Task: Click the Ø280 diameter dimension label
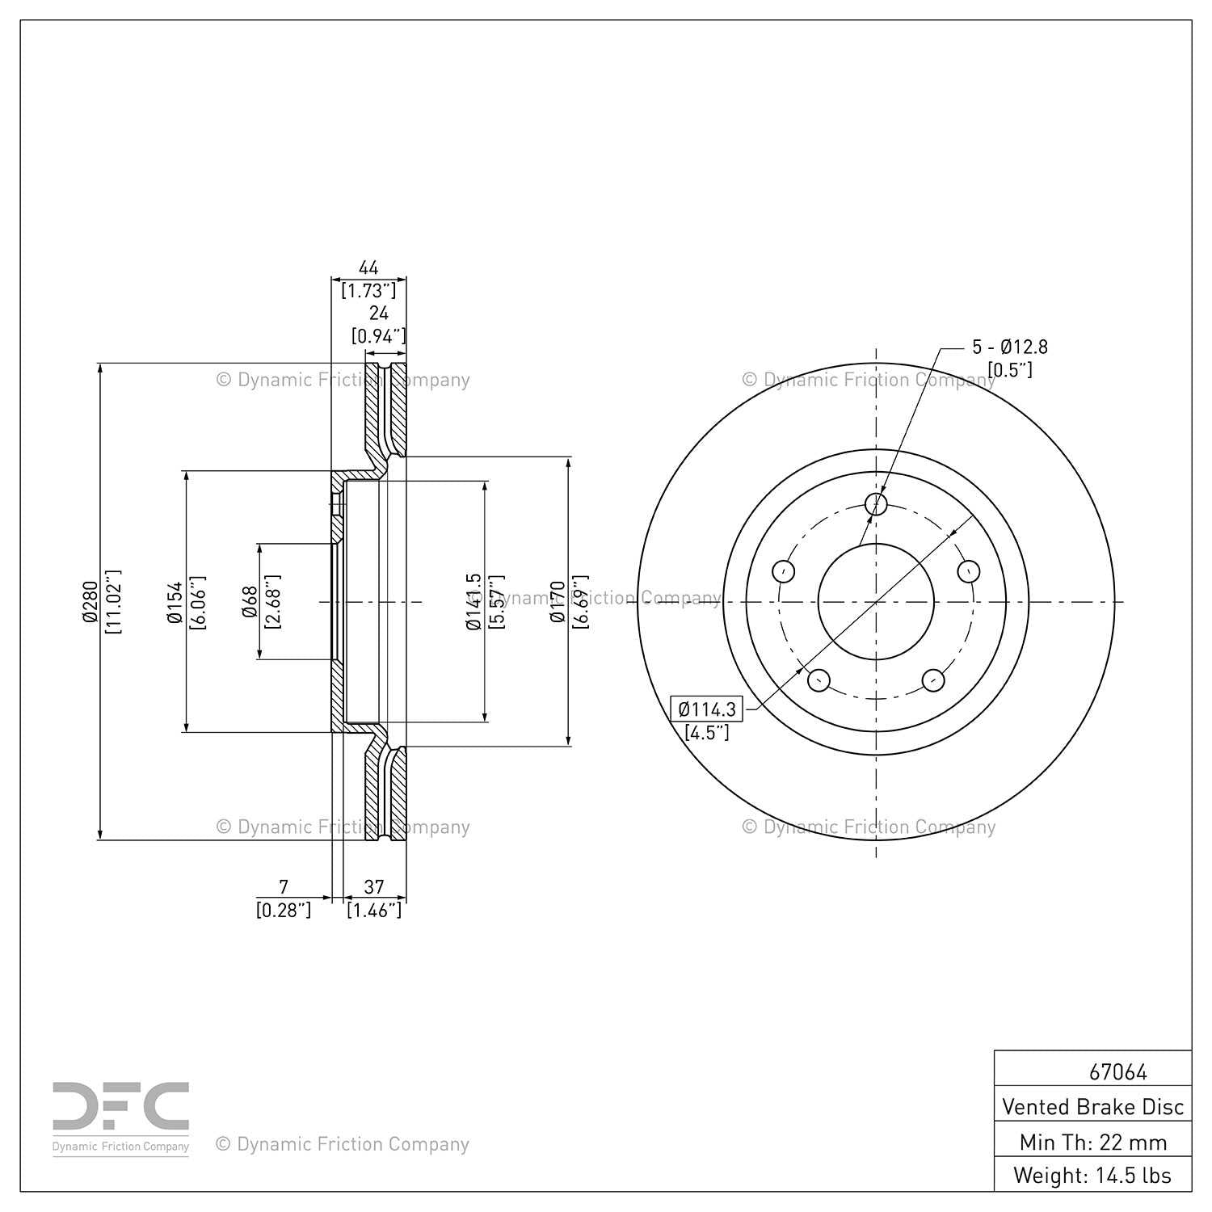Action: [x=90, y=602]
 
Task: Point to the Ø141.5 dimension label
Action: [x=474, y=602]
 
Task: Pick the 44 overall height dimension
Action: [x=368, y=267]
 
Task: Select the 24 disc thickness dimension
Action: [x=378, y=314]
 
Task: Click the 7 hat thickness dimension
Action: [x=283, y=887]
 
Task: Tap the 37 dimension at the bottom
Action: [x=374, y=887]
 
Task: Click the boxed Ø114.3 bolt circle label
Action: [x=707, y=709]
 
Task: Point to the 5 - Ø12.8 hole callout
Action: [x=1009, y=347]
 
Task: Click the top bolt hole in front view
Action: [x=876, y=504]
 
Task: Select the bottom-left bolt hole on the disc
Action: [x=819, y=680]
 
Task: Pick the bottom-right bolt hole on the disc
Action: [x=933, y=680]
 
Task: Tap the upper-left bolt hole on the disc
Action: [x=783, y=571]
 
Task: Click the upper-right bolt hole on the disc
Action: [x=969, y=571]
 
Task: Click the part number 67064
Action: [x=1117, y=1072]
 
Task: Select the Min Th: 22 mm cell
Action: [x=1092, y=1142]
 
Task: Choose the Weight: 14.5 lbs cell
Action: [x=1092, y=1175]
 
